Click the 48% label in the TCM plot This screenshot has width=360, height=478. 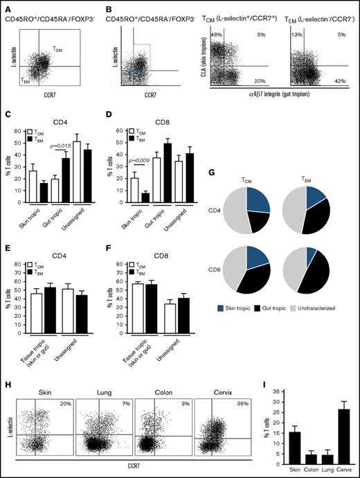click(x=216, y=35)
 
